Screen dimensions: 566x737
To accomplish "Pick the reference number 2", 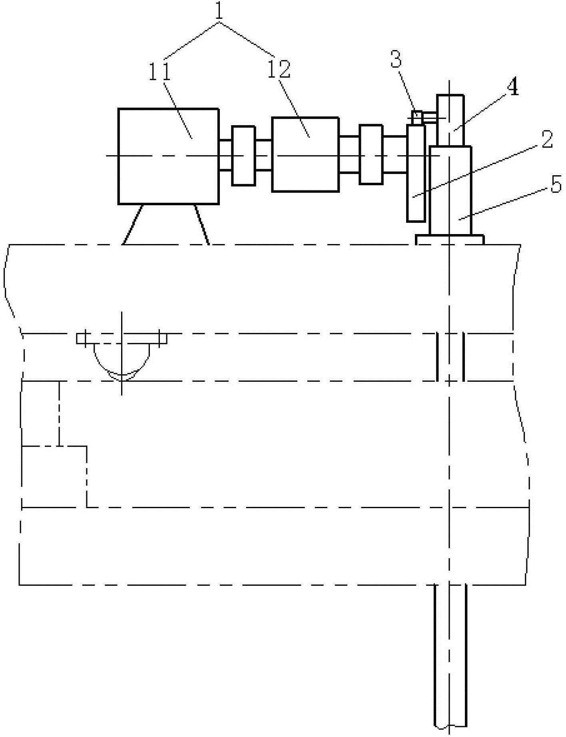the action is pyautogui.click(x=546, y=140).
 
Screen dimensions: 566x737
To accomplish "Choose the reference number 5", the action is pyautogui.click(x=556, y=185).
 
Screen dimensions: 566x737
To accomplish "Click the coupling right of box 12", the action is pyautogui.click(x=371, y=154).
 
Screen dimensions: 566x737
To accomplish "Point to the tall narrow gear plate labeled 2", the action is pyautogui.click(x=416, y=173).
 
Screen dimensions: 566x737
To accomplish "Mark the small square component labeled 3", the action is pyautogui.click(x=417, y=118).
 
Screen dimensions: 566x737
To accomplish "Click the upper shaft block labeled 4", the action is pyautogui.click(x=450, y=120).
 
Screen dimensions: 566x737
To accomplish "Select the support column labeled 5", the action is pyautogui.click(x=450, y=190).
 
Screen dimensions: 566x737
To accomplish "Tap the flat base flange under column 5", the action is pyautogui.click(x=450, y=240).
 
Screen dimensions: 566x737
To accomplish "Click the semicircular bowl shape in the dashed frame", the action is pyautogui.click(x=122, y=358).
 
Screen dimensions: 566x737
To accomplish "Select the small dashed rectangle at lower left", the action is pyautogui.click(x=54, y=476).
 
